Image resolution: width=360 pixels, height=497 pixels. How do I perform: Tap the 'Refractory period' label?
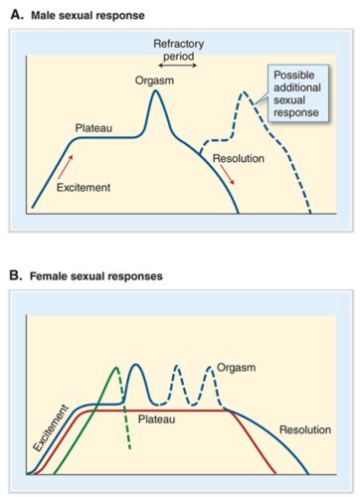[177, 51]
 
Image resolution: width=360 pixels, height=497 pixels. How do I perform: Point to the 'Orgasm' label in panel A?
[152, 82]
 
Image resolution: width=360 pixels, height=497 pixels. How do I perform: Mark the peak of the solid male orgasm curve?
[154, 94]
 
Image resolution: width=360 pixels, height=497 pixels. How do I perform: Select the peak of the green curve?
[116, 370]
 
